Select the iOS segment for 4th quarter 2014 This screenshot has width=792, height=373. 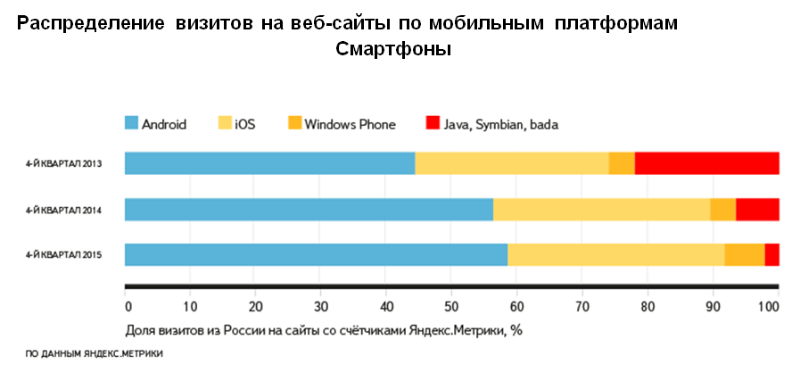(601, 209)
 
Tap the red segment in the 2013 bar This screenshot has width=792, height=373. (706, 163)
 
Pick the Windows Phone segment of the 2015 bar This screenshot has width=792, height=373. (744, 254)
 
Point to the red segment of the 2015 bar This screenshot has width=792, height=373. (772, 254)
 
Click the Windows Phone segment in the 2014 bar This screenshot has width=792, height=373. (722, 209)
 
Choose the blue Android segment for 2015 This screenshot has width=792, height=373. (316, 254)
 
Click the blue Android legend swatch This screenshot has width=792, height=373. (131, 124)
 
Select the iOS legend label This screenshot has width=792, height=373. (244, 125)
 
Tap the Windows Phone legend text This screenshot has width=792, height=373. (350, 125)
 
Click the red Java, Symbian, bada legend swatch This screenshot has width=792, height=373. (433, 124)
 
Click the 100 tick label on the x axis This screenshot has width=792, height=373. (769, 307)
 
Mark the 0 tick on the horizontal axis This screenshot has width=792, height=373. (127, 307)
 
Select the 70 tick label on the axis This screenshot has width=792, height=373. (582, 307)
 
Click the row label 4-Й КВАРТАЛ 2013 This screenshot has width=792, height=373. (63, 164)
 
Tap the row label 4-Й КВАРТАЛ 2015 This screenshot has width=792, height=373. (63, 255)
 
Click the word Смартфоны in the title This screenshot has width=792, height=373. (393, 50)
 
